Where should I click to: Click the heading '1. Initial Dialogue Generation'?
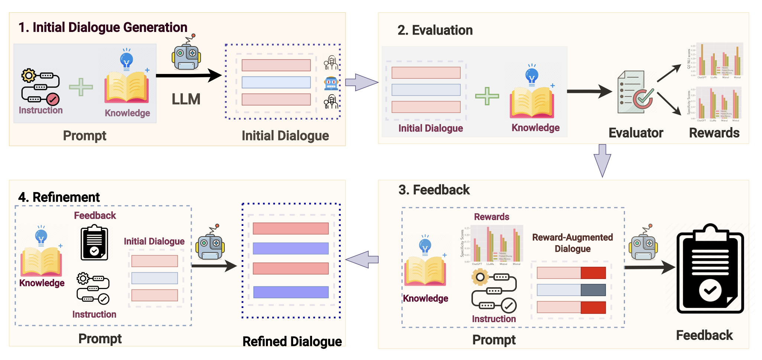[x=103, y=27]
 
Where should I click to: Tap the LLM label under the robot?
[x=186, y=99]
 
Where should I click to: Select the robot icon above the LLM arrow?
[x=186, y=55]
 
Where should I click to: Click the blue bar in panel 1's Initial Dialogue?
[x=276, y=82]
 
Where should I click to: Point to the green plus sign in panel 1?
[x=81, y=87]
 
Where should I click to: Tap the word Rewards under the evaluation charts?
[x=714, y=133]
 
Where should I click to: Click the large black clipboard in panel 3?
[x=710, y=270]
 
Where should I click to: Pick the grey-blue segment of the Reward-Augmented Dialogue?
[x=593, y=290]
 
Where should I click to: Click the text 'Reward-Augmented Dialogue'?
[x=572, y=243]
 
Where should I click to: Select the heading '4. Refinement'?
[x=59, y=197]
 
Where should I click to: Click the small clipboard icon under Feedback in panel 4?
[x=94, y=243]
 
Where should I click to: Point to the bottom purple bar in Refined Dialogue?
[x=291, y=292]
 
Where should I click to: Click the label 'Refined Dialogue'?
[x=292, y=341]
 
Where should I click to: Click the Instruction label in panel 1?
[x=40, y=110]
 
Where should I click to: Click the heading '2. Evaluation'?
[x=435, y=30]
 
